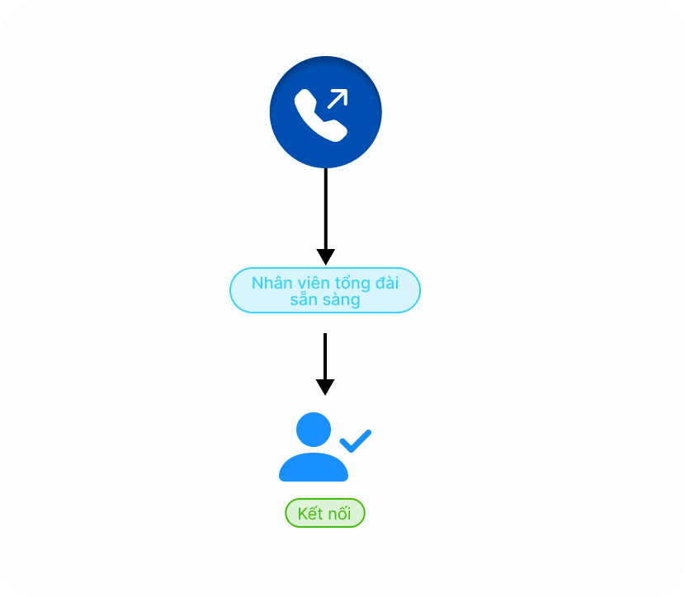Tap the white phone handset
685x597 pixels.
click(319, 116)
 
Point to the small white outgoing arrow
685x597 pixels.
click(337, 99)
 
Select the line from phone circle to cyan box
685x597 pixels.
click(325, 206)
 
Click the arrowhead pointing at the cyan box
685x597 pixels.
click(325, 256)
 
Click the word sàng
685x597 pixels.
click(342, 299)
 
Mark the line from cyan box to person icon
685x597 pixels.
click(325, 355)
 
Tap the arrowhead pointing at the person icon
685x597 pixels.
click(325, 387)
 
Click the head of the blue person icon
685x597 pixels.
click(313, 430)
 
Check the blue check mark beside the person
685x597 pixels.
click(356, 440)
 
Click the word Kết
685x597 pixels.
click(309, 513)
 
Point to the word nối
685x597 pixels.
click(339, 513)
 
